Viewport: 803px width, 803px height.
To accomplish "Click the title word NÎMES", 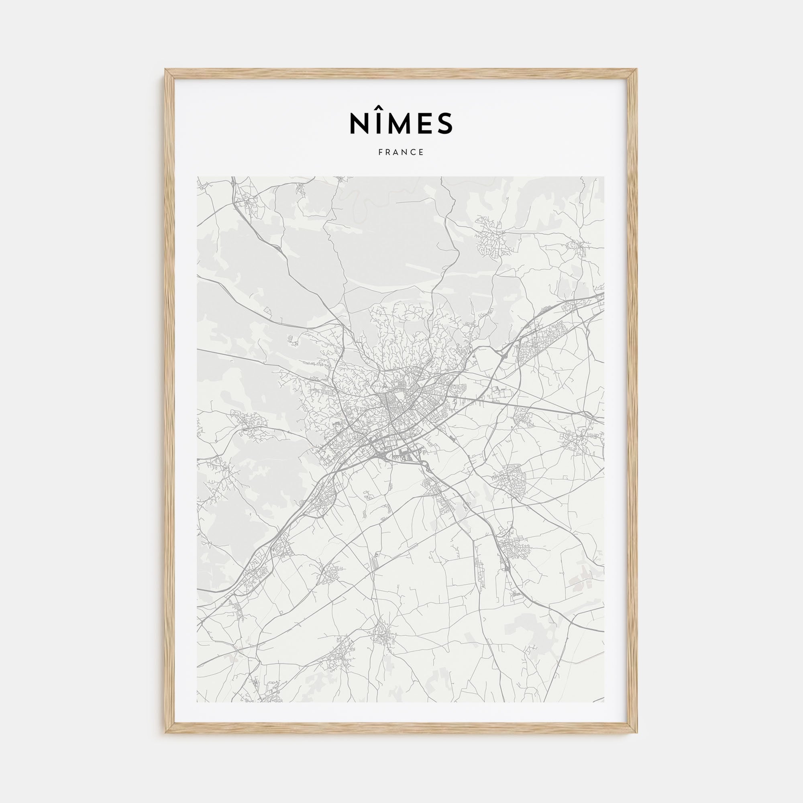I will click(x=401, y=122).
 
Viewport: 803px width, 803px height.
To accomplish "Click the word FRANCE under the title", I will click(x=401, y=153).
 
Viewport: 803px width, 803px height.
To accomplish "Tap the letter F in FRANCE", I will click(x=381, y=153).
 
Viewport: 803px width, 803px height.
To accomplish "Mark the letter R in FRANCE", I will click(x=388, y=153).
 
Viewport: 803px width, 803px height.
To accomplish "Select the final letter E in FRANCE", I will click(x=422, y=153).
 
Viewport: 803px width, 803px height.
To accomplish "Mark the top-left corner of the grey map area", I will click(x=198, y=177).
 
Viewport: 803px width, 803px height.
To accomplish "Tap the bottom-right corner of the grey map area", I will click(x=604, y=702).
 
